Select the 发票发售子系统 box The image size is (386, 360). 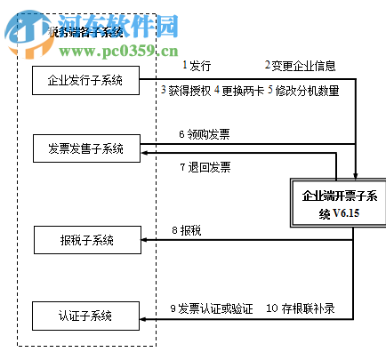point(85,148)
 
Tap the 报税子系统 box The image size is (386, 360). point(85,239)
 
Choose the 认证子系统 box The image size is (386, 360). point(85,315)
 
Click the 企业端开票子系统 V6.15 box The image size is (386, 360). point(342,204)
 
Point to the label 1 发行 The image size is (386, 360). point(197,65)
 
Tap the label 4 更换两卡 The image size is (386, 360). point(237,90)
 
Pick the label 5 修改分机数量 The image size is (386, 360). point(303,90)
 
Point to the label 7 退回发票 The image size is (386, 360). point(205,166)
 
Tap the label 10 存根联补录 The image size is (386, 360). point(302,308)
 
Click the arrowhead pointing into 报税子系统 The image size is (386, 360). point(145,239)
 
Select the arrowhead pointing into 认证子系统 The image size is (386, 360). point(145,316)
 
